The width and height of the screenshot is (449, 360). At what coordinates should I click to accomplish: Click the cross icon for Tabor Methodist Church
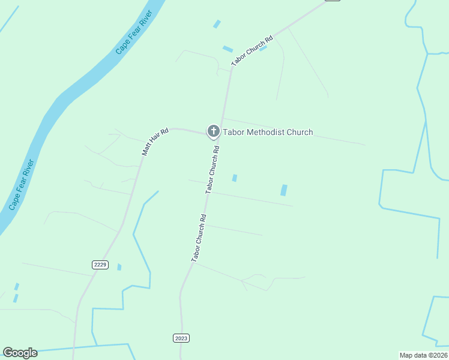click(x=213, y=131)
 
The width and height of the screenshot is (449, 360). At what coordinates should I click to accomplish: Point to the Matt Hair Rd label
click(x=155, y=142)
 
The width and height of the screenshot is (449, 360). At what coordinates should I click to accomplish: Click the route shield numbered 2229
click(x=100, y=265)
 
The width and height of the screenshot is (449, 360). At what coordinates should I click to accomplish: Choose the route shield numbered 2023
click(x=181, y=338)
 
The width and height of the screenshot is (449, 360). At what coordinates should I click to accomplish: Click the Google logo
click(x=20, y=353)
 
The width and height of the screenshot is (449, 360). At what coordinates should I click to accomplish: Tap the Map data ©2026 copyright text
click(x=423, y=355)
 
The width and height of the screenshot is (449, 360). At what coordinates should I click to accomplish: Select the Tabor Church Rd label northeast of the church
click(x=252, y=50)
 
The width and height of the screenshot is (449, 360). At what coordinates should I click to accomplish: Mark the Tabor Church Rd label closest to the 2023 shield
click(x=199, y=238)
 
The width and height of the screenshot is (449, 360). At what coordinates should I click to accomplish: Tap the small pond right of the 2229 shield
click(x=119, y=267)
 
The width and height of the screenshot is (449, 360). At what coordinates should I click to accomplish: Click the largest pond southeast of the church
click(x=284, y=190)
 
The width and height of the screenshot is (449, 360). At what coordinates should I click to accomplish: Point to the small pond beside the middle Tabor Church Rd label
click(x=235, y=178)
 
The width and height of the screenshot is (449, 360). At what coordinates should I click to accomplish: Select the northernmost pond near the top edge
click(x=217, y=24)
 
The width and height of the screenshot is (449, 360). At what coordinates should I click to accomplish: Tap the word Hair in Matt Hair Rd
click(x=155, y=142)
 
